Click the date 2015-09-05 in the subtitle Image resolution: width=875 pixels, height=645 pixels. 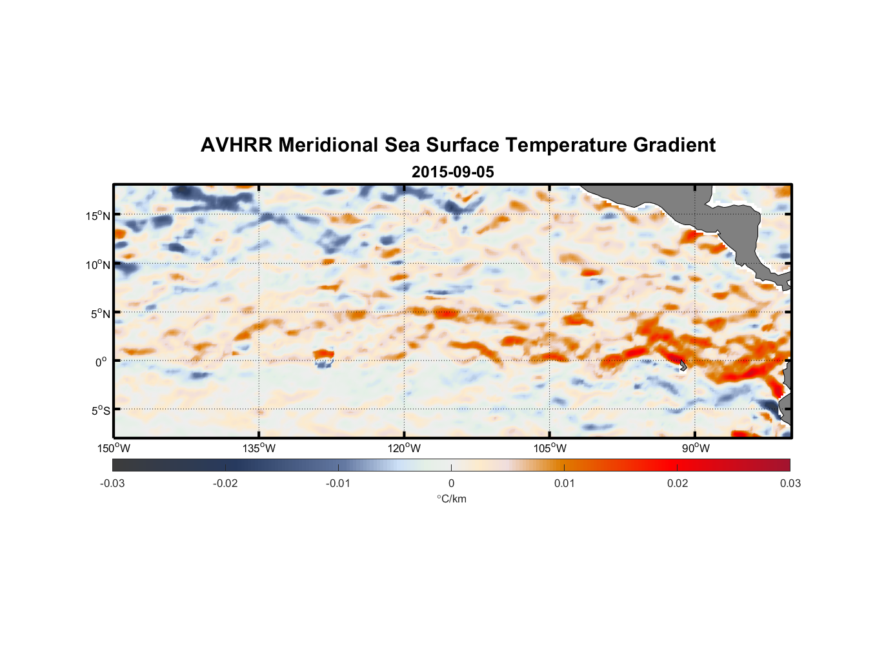coord(452,172)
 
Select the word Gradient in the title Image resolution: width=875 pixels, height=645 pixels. coord(674,145)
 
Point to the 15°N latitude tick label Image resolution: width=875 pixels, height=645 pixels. coord(98,215)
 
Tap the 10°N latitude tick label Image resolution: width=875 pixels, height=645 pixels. coord(98,264)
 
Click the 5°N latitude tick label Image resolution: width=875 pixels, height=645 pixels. coord(100,313)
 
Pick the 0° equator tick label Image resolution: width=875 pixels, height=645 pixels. coord(101,362)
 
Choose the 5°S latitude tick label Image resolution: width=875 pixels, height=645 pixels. coord(100,411)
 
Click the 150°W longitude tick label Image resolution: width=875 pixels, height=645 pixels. coord(114,448)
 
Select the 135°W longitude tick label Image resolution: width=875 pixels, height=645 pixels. coord(259,448)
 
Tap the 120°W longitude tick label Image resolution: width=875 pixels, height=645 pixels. coord(405,448)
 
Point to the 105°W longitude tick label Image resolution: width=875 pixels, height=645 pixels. coord(550,448)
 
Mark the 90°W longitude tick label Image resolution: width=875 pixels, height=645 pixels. coord(696,448)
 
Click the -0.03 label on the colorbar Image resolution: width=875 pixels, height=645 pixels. coord(112,483)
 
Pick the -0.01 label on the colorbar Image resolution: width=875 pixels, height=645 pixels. coord(338,483)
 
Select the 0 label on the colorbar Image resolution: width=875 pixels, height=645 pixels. coord(451,483)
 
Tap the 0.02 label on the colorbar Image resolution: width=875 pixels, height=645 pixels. coord(678,483)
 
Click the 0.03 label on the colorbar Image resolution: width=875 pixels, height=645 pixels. coord(790,483)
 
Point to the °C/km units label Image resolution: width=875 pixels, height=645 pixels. coord(452,499)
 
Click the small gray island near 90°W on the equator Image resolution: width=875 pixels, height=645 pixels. coord(683,365)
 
